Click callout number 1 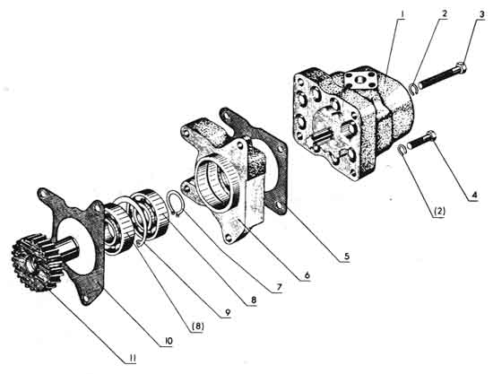[403, 14]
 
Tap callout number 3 [481, 14]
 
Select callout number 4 [474, 195]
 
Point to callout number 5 [346, 257]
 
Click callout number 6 [307, 275]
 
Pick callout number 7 [280, 287]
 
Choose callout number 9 [228, 312]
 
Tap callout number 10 [169, 341]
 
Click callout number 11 [133, 358]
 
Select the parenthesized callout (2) [439, 212]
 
